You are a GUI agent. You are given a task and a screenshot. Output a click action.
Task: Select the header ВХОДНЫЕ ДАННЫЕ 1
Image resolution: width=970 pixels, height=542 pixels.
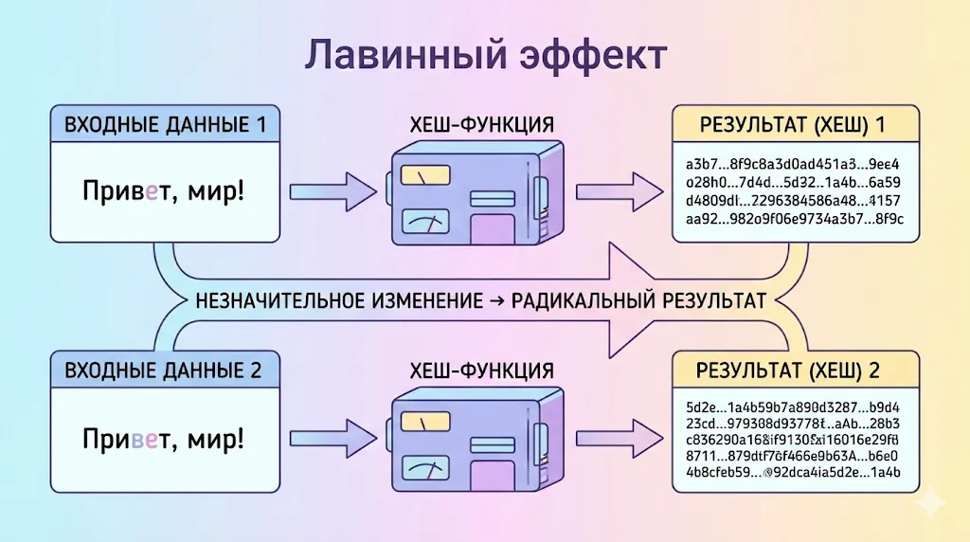click(165, 124)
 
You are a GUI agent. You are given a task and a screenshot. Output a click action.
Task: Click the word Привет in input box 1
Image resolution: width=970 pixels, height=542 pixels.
click(122, 192)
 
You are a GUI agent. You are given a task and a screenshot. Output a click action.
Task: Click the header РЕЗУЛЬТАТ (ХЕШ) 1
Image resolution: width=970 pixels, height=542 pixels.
click(795, 125)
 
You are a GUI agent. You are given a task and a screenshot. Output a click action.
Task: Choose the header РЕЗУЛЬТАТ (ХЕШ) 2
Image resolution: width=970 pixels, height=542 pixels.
click(795, 370)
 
